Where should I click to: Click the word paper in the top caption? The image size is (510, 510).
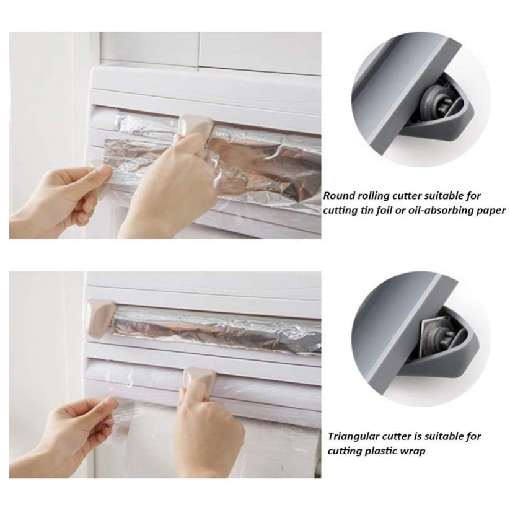pyautogui.click(x=492, y=211)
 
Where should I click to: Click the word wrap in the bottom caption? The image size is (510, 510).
pyautogui.click(x=413, y=451)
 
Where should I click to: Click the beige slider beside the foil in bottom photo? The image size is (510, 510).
pyautogui.click(x=99, y=314)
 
